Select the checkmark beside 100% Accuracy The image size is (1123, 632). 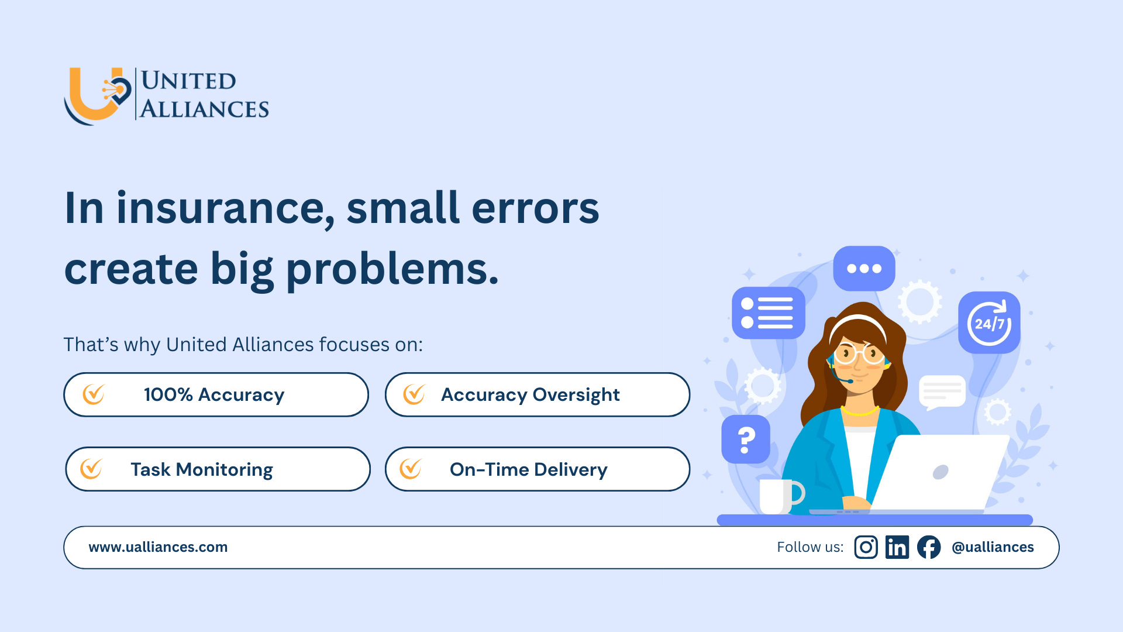click(94, 394)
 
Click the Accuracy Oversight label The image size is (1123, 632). click(531, 395)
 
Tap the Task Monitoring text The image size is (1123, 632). click(202, 469)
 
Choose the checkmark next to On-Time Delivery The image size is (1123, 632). click(411, 469)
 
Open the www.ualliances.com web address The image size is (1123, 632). click(158, 547)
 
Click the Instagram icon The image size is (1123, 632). click(866, 547)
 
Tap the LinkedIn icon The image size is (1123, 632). click(897, 547)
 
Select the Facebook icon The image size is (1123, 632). click(929, 547)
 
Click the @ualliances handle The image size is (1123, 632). click(993, 547)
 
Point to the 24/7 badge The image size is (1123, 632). click(989, 322)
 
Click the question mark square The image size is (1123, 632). click(746, 439)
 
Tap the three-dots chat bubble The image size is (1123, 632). click(864, 269)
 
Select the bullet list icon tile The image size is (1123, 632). click(769, 312)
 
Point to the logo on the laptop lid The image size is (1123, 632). click(941, 472)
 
